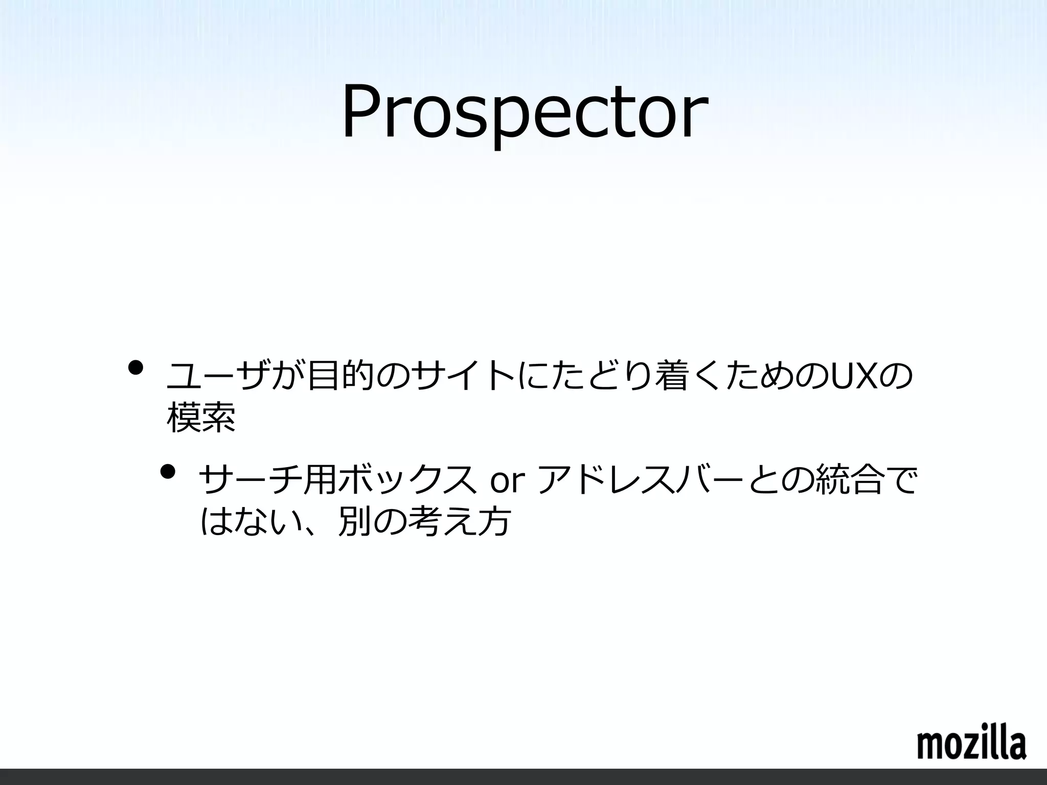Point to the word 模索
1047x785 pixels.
click(201, 418)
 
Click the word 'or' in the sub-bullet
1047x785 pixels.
click(508, 481)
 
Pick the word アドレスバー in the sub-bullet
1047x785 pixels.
click(643, 481)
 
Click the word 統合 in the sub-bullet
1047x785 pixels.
click(849, 481)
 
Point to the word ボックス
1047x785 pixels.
click(406, 481)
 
